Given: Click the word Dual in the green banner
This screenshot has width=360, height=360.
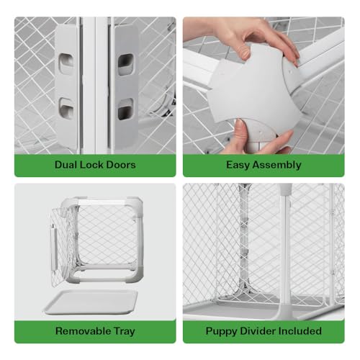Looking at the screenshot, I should coord(66,164).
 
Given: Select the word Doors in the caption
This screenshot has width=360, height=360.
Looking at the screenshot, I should coord(121,164).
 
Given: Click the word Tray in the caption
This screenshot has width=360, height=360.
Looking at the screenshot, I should coord(123,332).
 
